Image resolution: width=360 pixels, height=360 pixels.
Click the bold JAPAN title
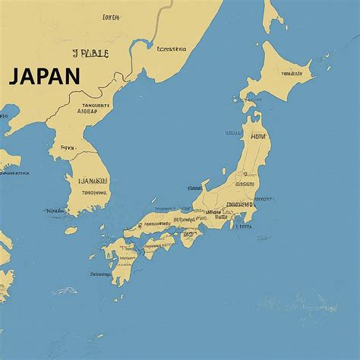tap(45, 76)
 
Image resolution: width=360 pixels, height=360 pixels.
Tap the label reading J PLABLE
tap(90, 53)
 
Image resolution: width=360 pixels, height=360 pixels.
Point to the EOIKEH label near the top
tap(111, 16)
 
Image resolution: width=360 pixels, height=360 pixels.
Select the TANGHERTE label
tap(95, 106)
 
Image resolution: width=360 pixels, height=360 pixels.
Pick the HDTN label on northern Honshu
tap(259, 137)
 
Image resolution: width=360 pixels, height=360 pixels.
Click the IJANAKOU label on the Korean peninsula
tap(93, 182)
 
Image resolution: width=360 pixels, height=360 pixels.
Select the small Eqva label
tap(68, 147)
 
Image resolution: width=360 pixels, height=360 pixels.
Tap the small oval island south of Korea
tap(71, 230)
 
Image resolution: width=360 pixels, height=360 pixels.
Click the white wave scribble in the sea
tap(64, 290)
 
